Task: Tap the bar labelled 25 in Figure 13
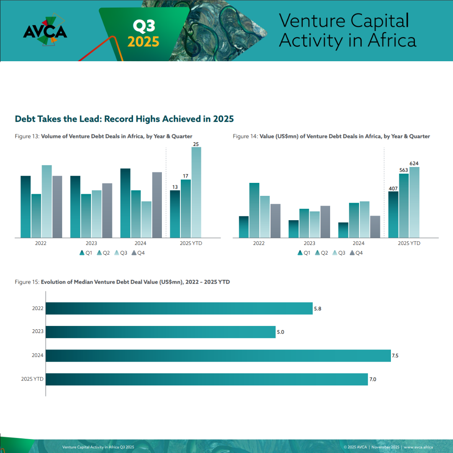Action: click(196, 193)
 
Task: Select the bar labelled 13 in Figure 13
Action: click(175, 214)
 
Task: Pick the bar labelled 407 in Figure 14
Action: click(393, 214)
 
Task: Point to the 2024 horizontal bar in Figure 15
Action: click(218, 356)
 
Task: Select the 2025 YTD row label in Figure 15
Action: click(32, 379)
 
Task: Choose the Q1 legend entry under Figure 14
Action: click(304, 253)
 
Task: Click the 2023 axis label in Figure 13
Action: click(91, 243)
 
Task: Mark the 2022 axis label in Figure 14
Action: click(259, 243)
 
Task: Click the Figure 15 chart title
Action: click(122, 282)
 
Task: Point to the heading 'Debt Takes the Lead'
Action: click(124, 119)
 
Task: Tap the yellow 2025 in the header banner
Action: click(143, 42)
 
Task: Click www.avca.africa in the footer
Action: click(418, 447)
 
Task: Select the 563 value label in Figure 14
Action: click(404, 170)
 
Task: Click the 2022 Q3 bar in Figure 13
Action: click(47, 201)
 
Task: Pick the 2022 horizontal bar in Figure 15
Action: click(179, 308)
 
